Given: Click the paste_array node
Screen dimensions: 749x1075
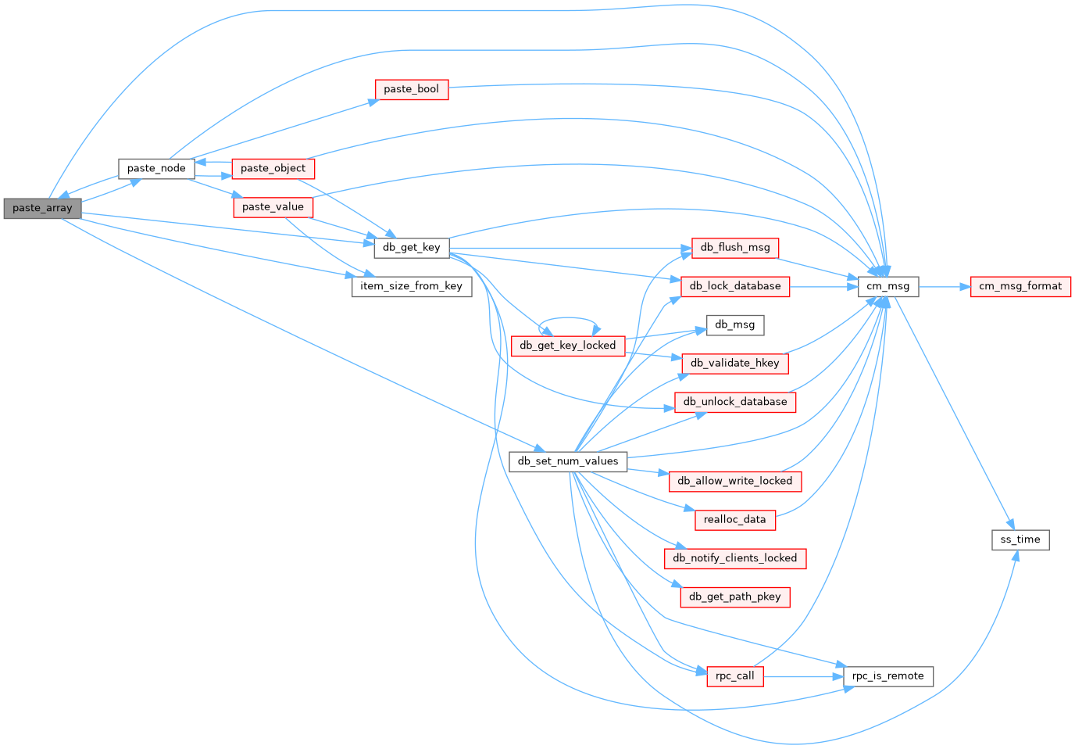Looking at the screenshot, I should (42, 208).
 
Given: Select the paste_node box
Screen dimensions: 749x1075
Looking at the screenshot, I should (156, 168).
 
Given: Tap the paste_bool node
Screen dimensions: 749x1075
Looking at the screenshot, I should (412, 89).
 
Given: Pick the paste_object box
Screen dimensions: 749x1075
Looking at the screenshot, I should (273, 168).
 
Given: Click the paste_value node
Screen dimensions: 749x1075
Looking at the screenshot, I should (273, 207).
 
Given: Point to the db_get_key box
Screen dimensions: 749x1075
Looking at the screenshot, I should (412, 248).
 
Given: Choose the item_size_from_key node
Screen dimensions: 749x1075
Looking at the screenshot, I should (412, 286).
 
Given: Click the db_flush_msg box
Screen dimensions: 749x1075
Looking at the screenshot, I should (735, 248).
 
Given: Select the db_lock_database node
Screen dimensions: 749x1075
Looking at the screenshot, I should (735, 286).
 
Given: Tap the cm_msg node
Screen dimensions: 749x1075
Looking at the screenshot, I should (888, 286).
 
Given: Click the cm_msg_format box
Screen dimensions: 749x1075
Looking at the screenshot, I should (1020, 286).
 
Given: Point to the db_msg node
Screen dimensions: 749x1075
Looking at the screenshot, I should (735, 324).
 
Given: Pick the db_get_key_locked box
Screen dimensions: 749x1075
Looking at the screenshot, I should (568, 346).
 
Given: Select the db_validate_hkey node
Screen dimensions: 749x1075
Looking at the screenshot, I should (735, 363).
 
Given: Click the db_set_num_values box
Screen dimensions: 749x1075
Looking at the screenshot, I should (568, 461).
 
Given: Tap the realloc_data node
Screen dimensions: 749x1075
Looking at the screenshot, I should (735, 519).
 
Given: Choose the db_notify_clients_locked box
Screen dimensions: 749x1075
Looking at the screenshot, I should (735, 558).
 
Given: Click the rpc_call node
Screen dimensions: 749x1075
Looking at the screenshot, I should (735, 676).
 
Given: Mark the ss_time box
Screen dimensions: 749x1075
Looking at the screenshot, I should (1020, 539).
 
